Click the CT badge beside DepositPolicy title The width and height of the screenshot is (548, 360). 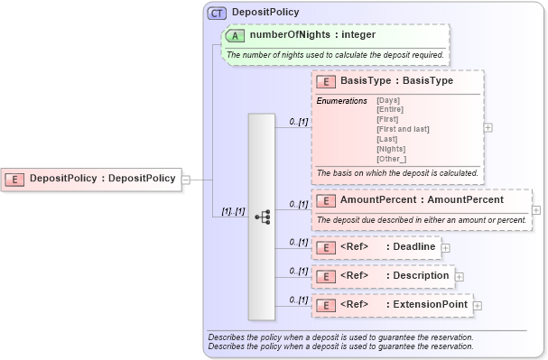coord(218,14)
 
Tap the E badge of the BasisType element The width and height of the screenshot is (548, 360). coord(326,81)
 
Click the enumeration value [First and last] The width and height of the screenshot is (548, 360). coord(403,129)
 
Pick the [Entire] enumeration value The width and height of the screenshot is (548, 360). coord(390,109)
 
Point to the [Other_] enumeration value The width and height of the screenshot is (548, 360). coord(392,159)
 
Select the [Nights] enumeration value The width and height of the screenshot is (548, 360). coord(392,149)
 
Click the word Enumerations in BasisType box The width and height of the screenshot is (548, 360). coord(341,100)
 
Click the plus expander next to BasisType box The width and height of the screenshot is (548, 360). coord(488,128)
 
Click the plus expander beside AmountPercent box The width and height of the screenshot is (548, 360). coord(536,210)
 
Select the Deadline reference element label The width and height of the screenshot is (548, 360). coord(412,246)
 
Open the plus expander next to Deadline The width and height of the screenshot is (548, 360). coord(445,247)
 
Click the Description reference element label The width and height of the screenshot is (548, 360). coord(417,275)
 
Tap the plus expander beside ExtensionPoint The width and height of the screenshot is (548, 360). coord(478,306)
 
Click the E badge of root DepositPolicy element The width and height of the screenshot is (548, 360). coord(16,179)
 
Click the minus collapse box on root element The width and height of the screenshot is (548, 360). coord(185,179)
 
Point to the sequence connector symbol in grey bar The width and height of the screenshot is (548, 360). coord(263,217)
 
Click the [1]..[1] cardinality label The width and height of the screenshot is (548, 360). coord(233,211)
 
